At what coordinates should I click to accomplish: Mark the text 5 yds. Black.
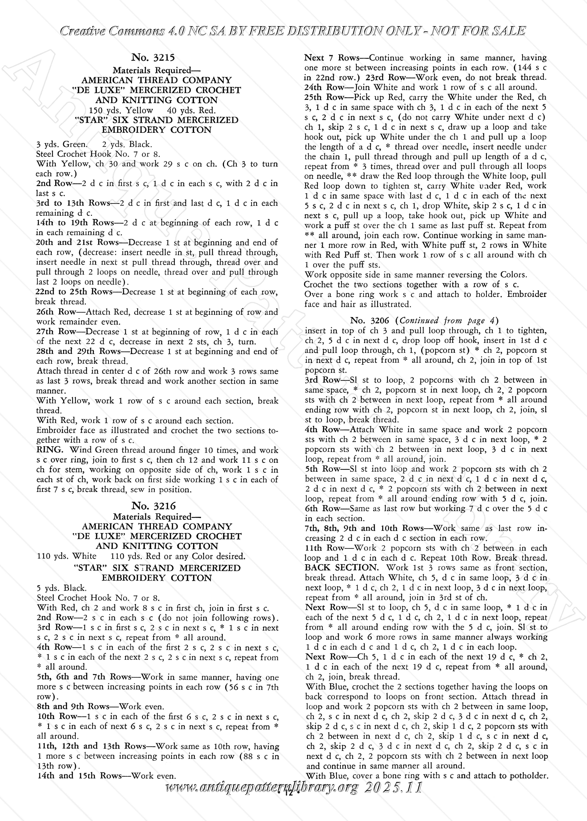point(61,588)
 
